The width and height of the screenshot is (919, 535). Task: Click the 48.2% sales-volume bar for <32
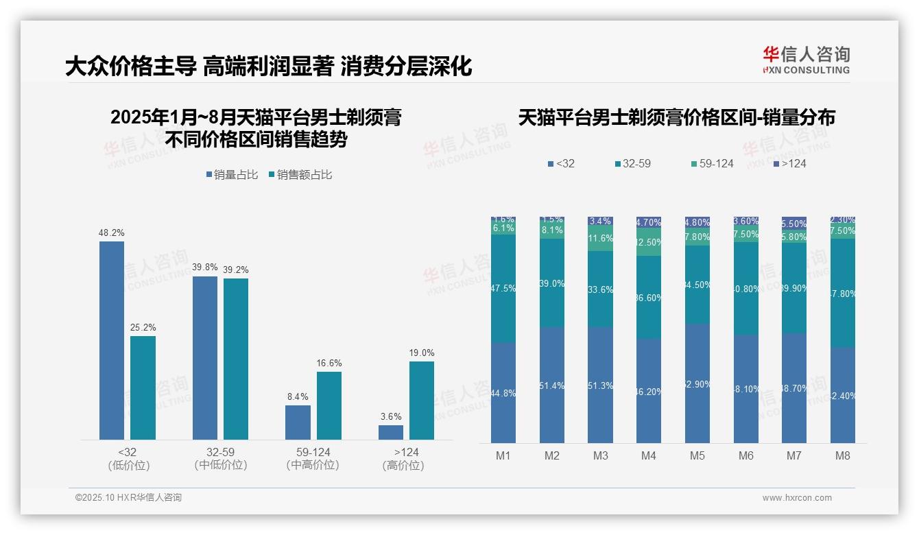(112, 340)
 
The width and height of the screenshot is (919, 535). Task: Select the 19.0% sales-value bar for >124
(422, 401)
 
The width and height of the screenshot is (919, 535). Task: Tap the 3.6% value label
(391, 416)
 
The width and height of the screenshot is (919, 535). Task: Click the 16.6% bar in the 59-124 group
(329, 405)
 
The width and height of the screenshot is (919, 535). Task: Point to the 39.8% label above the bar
(205, 267)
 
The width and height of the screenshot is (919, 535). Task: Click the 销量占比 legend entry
(232, 175)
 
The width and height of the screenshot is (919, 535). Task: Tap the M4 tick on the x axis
(649, 455)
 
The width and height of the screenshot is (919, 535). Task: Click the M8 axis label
(843, 455)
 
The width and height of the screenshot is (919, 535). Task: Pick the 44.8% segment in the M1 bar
(503, 393)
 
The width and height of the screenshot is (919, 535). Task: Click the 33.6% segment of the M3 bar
(601, 289)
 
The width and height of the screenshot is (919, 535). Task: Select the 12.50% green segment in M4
(649, 243)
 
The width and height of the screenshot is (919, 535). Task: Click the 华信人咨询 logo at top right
(806, 60)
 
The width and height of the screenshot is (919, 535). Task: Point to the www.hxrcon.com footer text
(797, 498)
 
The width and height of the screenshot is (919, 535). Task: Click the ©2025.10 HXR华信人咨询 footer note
(128, 498)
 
